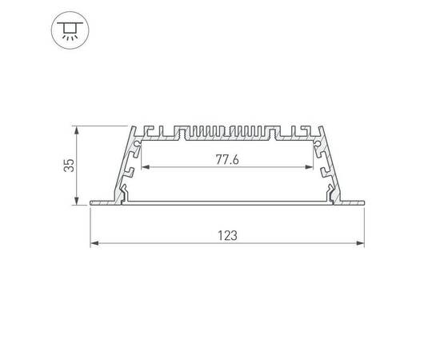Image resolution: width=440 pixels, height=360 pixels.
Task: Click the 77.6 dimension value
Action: tap(228, 159)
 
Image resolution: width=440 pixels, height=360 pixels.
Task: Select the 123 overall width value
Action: tap(228, 235)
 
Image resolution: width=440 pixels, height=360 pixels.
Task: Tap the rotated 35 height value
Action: tap(70, 165)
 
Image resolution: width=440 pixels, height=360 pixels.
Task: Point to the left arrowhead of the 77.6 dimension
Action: tap(145, 168)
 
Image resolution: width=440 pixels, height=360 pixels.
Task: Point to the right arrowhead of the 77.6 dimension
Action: tap(310, 168)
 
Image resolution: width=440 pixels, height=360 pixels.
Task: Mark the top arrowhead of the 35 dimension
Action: tap(77, 129)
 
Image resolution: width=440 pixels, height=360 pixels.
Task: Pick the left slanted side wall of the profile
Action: tap(125, 164)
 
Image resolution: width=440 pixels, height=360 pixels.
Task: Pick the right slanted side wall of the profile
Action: tap(330, 164)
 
